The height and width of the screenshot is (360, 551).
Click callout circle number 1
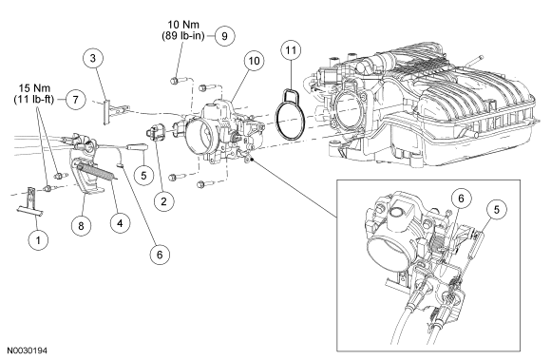point(38,240)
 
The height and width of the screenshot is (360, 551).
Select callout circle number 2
point(163,201)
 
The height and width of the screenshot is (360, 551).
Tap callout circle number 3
point(93,58)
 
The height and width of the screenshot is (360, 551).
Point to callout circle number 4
point(120,223)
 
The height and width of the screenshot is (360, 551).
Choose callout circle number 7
point(76,100)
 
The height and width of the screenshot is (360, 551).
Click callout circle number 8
point(81,225)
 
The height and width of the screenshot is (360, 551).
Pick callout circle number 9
point(224,36)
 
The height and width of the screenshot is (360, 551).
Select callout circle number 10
point(254,61)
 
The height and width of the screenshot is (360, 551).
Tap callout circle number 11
point(291,50)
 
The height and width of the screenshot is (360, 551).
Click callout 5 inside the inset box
point(496,210)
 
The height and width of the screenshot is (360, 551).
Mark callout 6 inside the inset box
point(461,199)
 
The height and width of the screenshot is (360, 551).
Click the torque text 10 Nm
point(183,25)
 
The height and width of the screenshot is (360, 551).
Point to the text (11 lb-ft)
point(34,100)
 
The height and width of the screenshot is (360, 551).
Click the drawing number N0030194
point(27,351)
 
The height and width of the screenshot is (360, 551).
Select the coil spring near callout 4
point(98,171)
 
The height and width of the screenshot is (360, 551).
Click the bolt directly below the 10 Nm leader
point(175,81)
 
